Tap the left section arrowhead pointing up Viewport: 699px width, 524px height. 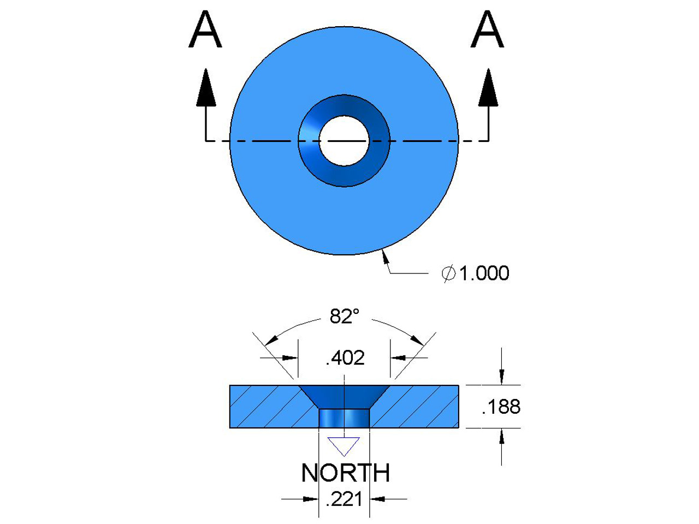[206, 87]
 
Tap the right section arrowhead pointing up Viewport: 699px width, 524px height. [488, 87]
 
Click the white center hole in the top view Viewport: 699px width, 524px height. [344, 141]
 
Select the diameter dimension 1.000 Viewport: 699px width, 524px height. [484, 273]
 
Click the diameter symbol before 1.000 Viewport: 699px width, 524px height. [448, 273]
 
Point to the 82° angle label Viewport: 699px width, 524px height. [345, 316]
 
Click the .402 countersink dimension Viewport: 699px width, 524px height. [345, 358]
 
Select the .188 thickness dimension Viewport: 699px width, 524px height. [501, 407]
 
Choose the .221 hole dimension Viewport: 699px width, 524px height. [344, 499]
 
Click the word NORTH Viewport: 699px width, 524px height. [346, 473]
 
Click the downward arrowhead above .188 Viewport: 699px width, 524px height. [502, 377]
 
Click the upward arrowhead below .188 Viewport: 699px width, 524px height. [502, 437]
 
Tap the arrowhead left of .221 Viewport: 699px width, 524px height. [311, 498]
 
